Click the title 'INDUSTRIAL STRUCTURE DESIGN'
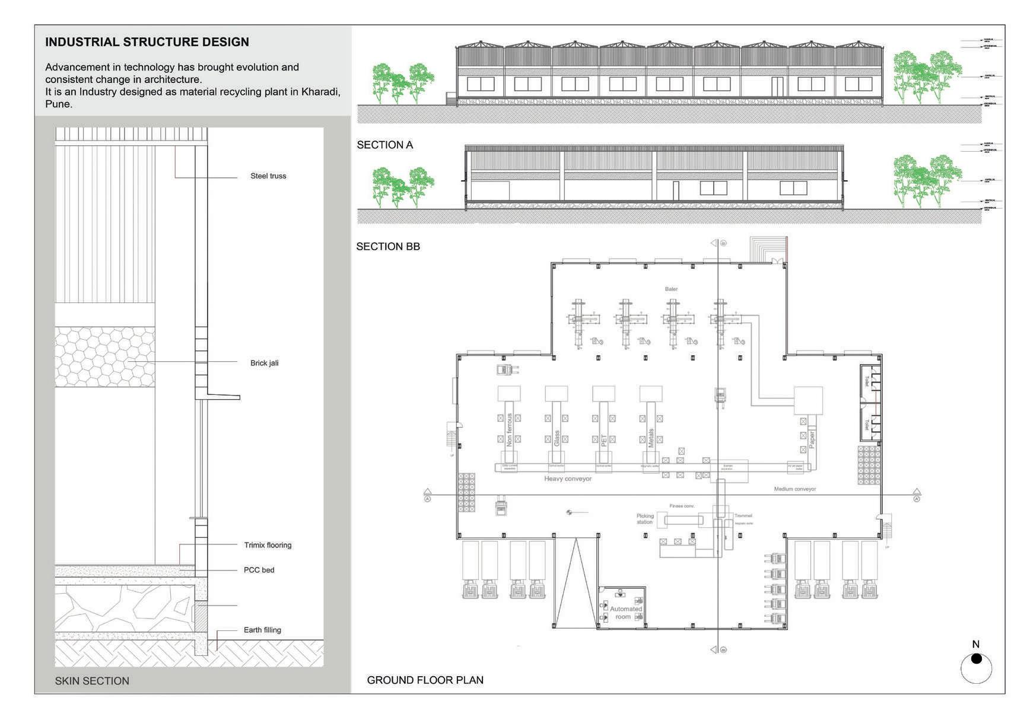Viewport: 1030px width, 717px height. tap(147, 42)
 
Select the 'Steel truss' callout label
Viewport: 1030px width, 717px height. tap(268, 176)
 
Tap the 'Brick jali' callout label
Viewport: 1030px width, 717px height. tap(264, 363)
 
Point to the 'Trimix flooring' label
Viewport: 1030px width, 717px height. tap(268, 545)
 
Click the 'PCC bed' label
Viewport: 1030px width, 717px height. tap(259, 570)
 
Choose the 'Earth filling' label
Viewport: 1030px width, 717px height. tap(262, 630)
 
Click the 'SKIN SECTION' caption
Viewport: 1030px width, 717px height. tap(92, 681)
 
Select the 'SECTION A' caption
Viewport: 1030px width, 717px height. tap(384, 145)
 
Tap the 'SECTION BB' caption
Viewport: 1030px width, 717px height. tap(388, 247)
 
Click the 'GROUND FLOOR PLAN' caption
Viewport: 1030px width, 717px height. tap(425, 680)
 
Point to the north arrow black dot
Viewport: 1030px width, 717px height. tap(977, 659)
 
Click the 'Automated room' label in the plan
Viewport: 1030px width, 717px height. tap(625, 613)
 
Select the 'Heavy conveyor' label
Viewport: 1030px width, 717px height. tap(568, 479)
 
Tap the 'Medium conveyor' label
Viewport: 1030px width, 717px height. tap(794, 489)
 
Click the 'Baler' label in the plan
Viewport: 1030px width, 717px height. tap(671, 289)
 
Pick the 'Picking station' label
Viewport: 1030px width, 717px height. tap(645, 519)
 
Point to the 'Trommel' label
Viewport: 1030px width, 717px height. tap(743, 516)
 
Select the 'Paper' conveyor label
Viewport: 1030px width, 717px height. tap(812, 439)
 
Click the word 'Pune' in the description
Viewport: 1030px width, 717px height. tap(58, 104)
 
